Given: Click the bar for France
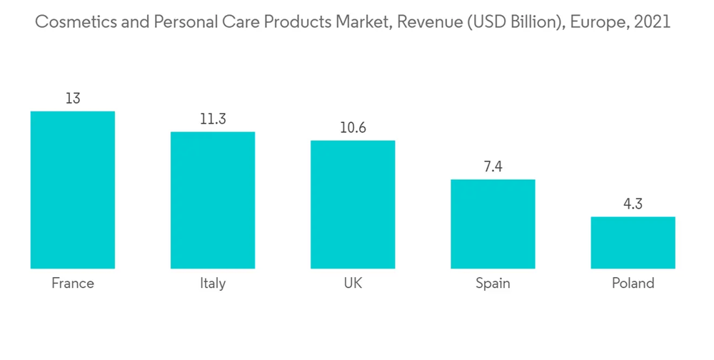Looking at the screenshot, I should click(x=72, y=190).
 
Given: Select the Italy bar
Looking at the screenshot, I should click(x=212, y=200).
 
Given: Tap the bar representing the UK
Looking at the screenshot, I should click(x=352, y=204).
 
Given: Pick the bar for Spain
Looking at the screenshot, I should click(x=493, y=224).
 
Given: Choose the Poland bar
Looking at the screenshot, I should click(x=633, y=242).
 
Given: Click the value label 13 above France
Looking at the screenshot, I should click(x=72, y=99).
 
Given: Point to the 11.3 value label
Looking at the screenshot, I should click(x=212, y=119).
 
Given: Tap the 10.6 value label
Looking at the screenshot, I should click(x=352, y=128).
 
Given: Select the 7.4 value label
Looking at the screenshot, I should click(x=493, y=166).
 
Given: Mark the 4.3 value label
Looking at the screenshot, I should click(x=633, y=204).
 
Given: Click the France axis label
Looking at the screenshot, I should click(x=72, y=284).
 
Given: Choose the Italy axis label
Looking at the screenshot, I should click(x=212, y=284).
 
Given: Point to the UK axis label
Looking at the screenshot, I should click(x=352, y=284).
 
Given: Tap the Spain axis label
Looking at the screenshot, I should click(x=493, y=284).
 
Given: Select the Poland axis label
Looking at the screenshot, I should click(x=633, y=284).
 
